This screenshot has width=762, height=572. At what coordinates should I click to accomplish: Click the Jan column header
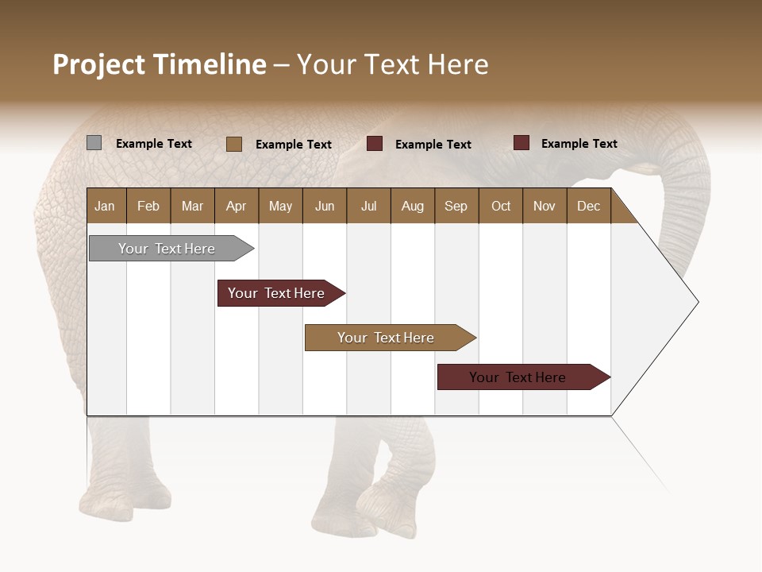106,206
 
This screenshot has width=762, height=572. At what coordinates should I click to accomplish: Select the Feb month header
148,206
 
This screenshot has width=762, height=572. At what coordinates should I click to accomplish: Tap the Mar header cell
192,206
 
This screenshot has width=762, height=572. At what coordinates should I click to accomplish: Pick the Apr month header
237,206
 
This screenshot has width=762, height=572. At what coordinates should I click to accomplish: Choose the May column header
280,206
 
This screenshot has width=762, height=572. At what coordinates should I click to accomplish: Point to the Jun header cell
325,206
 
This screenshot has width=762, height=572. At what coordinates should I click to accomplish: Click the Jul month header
368,206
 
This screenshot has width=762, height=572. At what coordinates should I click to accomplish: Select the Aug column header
413,206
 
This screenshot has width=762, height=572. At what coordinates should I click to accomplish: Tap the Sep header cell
456,206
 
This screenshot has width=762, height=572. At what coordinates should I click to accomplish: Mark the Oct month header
501,206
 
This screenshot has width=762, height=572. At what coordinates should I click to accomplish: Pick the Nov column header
545,206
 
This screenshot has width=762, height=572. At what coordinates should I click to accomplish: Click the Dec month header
589,206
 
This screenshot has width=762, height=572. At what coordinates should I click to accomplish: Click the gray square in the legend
94,143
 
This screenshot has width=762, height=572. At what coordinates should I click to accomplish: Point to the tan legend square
234,144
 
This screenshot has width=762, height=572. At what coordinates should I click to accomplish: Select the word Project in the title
99,64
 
